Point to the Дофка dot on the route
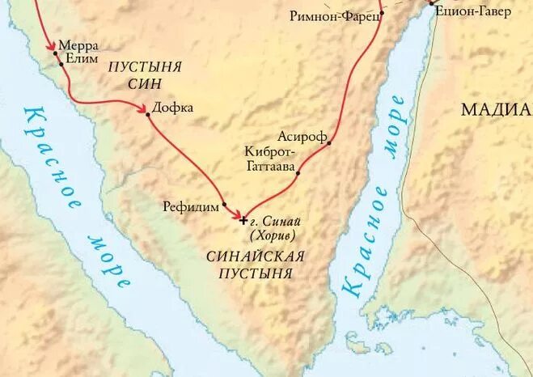(x=147, y=114)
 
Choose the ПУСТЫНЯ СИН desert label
(x=145, y=74)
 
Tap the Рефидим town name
(x=191, y=207)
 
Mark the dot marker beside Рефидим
(x=224, y=204)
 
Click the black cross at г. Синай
(x=244, y=220)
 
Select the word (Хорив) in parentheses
(x=273, y=235)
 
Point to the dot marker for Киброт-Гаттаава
(x=298, y=172)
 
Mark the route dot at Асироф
(x=329, y=143)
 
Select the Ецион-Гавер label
(x=472, y=12)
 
